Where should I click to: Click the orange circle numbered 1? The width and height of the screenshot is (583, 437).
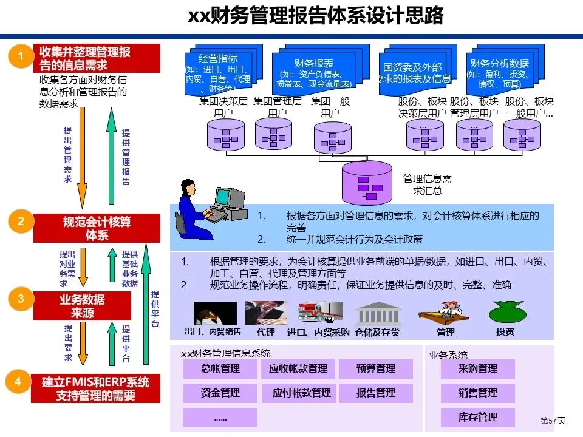click(20, 57)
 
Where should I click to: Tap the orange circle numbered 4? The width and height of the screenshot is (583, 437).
click(18, 382)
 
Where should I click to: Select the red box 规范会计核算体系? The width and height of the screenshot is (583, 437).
click(97, 228)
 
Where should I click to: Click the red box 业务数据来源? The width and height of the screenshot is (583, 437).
click(82, 306)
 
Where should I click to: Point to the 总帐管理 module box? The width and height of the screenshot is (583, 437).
click(220, 369)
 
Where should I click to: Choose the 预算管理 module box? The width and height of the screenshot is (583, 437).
click(376, 369)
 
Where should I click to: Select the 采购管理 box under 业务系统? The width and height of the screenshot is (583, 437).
click(478, 369)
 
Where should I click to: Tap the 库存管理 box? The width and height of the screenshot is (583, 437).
click(478, 418)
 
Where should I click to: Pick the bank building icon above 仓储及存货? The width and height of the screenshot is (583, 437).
click(377, 313)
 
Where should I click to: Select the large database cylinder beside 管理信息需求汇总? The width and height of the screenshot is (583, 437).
click(368, 183)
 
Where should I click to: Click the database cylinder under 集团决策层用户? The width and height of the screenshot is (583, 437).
click(225, 135)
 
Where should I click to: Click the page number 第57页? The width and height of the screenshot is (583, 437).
click(553, 421)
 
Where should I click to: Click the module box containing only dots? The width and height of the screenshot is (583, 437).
click(220, 418)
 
